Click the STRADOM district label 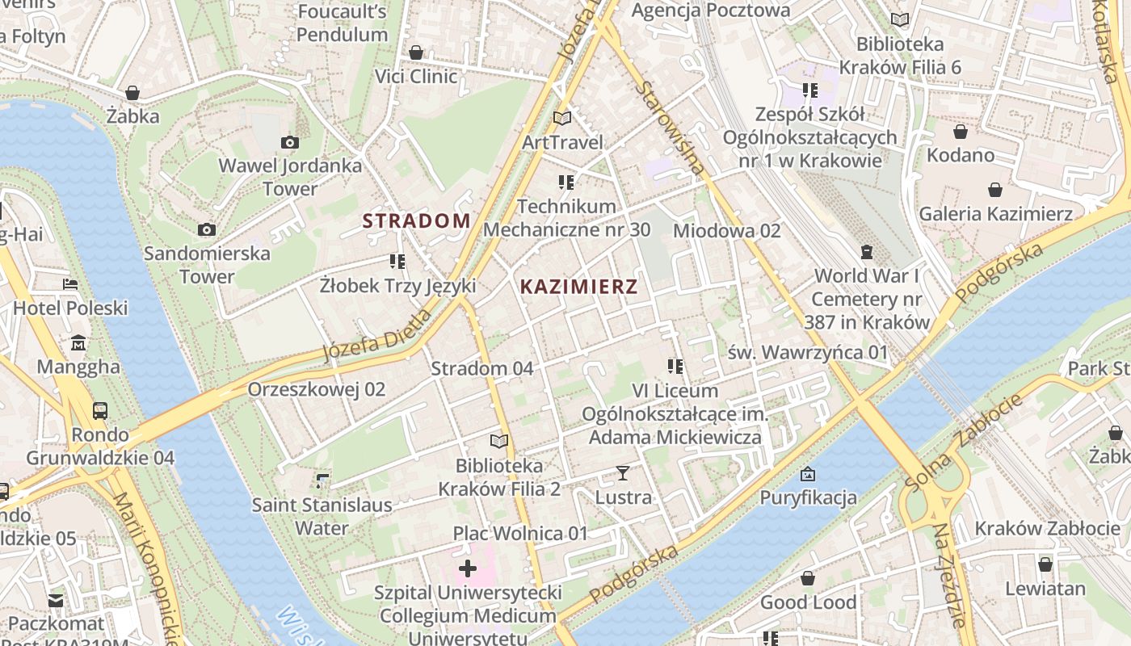click(416, 220)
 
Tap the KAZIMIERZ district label click(578, 286)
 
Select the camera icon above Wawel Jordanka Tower click(290, 143)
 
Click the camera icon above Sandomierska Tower click(207, 230)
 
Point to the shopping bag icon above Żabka click(132, 93)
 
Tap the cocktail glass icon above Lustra click(623, 473)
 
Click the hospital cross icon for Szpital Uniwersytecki click(467, 568)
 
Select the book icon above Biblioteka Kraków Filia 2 click(499, 442)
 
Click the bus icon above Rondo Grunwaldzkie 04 click(100, 411)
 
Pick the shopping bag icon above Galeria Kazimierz click(995, 191)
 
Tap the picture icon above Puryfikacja click(807, 474)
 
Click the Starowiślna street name click(670, 129)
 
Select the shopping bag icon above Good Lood click(808, 578)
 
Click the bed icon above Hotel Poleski click(70, 284)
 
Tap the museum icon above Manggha click(78, 343)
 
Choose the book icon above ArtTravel click(562, 119)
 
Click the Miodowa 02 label click(726, 231)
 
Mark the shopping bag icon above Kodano click(961, 132)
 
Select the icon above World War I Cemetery click(867, 252)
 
